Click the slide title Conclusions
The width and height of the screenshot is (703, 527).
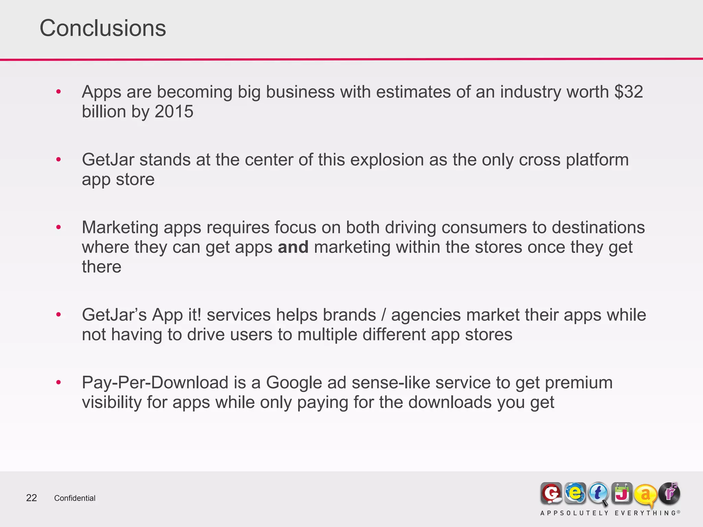tap(103, 28)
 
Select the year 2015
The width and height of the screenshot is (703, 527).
tap(174, 112)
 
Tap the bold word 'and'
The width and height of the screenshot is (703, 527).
tap(293, 247)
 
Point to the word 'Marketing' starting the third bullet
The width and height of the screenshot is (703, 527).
tap(120, 227)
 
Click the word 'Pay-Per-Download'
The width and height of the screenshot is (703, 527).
tap(155, 383)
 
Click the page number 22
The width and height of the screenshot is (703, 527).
tap(32, 498)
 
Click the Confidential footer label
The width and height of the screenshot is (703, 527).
tap(75, 498)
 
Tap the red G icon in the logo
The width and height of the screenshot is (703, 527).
tap(551, 494)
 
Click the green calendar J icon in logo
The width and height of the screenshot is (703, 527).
tap(622, 493)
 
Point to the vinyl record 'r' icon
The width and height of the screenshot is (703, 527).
tap(669, 493)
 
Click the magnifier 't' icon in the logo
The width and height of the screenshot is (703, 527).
tap(598, 494)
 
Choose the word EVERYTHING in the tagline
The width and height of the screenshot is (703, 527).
tap(645, 513)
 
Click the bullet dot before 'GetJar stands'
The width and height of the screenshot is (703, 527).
tap(59, 160)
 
